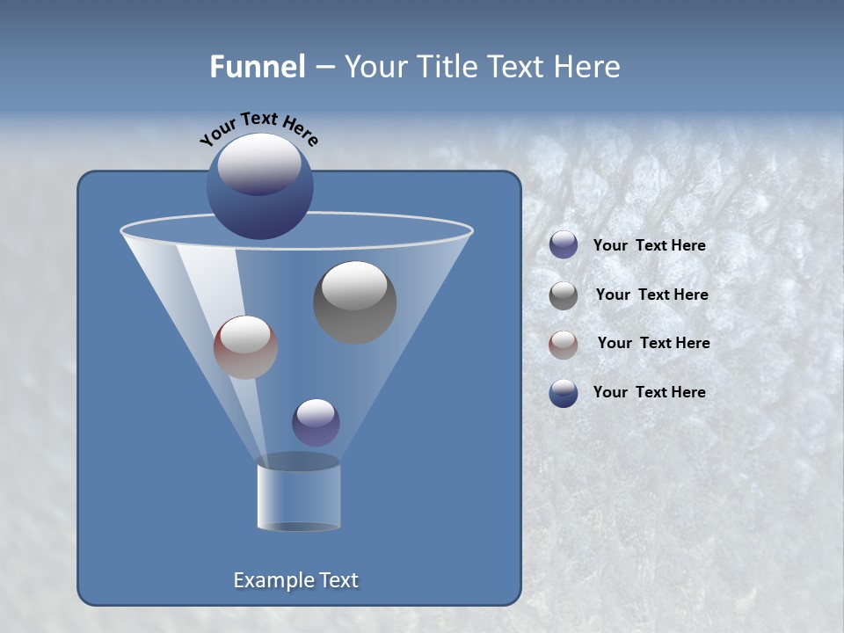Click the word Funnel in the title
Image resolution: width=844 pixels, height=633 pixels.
click(x=257, y=67)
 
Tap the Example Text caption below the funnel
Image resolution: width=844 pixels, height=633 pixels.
click(x=296, y=580)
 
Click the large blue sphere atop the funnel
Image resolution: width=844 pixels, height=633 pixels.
click(x=260, y=186)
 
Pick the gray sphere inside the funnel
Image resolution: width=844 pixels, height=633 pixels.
click(x=355, y=302)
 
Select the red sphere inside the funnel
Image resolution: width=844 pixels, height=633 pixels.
click(x=245, y=347)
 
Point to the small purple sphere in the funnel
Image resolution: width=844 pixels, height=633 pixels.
click(x=316, y=422)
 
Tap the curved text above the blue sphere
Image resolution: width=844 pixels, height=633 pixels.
click(x=259, y=127)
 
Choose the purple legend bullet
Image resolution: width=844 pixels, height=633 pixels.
click(x=564, y=245)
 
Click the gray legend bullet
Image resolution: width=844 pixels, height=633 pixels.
click(x=564, y=295)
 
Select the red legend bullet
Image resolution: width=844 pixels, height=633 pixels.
click(x=564, y=344)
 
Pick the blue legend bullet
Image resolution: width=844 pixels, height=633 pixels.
click(x=564, y=393)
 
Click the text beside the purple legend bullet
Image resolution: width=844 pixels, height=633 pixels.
click(x=649, y=246)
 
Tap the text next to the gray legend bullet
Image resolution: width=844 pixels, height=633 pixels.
click(x=651, y=295)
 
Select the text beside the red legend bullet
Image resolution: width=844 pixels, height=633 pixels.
click(x=653, y=344)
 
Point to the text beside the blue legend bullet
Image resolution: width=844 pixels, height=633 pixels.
click(x=649, y=393)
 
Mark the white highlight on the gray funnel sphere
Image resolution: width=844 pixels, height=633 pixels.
click(x=355, y=286)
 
